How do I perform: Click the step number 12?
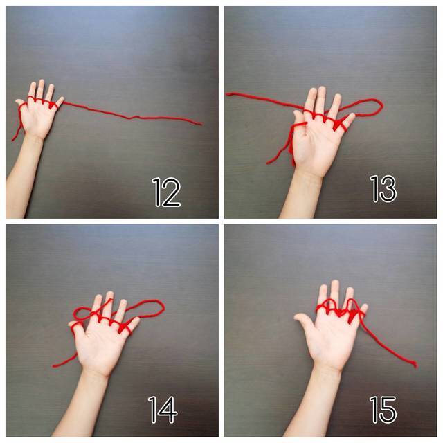tap(166, 192)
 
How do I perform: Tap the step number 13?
tap(383, 188)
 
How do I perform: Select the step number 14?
tap(163, 410)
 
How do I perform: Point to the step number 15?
tap(383, 410)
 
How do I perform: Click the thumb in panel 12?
tap(21, 103)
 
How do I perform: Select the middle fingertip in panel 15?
tap(335, 283)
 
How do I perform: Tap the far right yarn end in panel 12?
tap(201, 124)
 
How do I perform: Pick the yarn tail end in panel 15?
tap(416, 366)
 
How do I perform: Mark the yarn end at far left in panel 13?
tap(227, 94)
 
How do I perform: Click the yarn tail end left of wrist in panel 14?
tap(54, 366)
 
